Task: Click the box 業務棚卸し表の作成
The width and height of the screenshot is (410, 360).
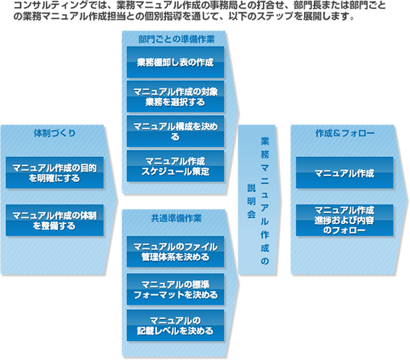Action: click(175, 62)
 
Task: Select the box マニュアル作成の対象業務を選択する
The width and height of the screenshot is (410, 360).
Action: click(175, 96)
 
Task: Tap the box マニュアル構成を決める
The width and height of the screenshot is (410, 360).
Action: click(175, 132)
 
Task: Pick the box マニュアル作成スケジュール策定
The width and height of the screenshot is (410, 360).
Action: click(175, 166)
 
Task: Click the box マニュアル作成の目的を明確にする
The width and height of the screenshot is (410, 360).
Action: click(54, 173)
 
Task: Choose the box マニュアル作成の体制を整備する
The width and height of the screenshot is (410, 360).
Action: click(54, 220)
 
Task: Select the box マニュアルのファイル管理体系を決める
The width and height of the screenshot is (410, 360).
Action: click(175, 252)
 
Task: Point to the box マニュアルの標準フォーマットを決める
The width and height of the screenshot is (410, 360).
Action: click(175, 289)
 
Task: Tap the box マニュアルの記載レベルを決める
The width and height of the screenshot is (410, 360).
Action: click(175, 325)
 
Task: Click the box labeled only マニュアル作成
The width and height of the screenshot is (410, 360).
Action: click(344, 173)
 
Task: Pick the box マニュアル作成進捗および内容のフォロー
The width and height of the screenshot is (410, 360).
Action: click(344, 220)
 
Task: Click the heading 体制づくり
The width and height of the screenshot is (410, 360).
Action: click(54, 133)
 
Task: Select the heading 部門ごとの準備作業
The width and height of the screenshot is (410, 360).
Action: click(176, 39)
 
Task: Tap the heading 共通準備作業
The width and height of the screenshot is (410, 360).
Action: click(176, 219)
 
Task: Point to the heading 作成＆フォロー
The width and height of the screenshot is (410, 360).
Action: click(345, 133)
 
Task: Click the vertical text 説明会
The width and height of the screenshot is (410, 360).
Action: click(252, 201)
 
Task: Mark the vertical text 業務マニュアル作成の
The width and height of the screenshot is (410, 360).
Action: click(264, 201)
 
